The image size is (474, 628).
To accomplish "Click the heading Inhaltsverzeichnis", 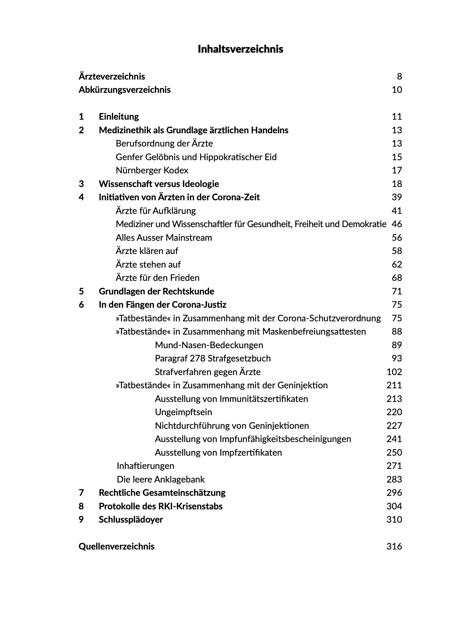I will [x=240, y=49].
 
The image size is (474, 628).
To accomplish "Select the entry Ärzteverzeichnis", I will [x=112, y=76].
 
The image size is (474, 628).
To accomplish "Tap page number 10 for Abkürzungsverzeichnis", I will [x=397, y=90].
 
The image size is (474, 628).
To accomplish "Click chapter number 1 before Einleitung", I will [x=81, y=117].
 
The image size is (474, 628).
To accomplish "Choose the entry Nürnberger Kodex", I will [x=152, y=170].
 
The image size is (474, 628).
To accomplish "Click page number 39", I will [x=397, y=197].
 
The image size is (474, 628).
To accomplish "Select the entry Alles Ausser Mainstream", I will [x=164, y=238].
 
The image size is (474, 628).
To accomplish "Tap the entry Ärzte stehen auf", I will [x=148, y=264].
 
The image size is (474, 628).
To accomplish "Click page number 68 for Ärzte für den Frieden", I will [x=397, y=278].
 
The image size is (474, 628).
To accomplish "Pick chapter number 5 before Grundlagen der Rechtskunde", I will [x=81, y=291].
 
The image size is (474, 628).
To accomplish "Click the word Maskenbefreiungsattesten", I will [x=314, y=331].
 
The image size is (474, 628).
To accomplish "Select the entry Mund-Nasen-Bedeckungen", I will [x=209, y=345].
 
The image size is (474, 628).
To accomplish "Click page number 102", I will [x=394, y=372].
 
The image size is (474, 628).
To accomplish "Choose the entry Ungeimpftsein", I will [x=183, y=412].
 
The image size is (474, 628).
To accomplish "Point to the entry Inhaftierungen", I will [x=145, y=466].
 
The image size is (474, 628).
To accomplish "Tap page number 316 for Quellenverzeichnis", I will [x=394, y=546].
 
